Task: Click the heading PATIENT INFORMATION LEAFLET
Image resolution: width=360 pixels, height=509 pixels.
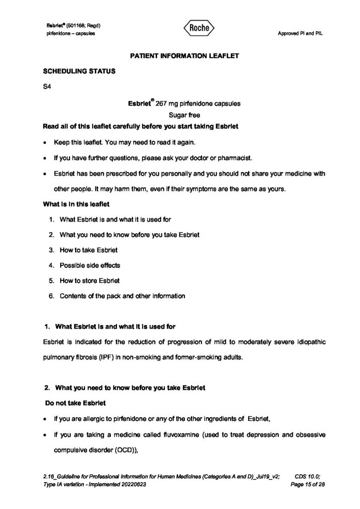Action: (184, 56)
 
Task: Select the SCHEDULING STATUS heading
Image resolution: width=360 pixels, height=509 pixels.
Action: (80, 71)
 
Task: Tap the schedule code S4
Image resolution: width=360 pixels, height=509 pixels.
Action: (47, 87)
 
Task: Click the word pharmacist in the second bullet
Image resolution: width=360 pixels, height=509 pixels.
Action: (241, 159)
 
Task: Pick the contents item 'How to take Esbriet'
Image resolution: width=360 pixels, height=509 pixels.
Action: (89, 250)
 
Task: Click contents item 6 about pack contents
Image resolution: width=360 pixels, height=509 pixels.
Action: (122, 296)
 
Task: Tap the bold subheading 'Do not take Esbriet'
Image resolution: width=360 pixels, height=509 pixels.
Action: (72, 403)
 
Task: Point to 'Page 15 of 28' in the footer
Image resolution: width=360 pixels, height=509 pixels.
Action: (309, 484)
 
